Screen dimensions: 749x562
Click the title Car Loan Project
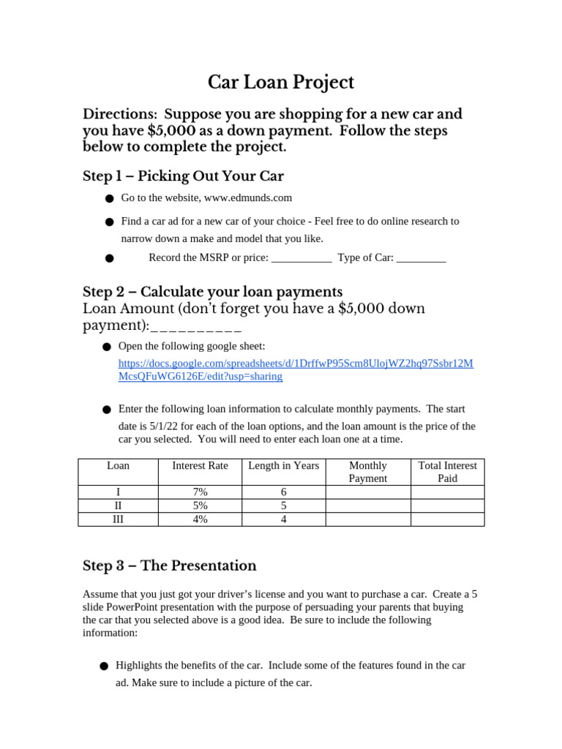281,83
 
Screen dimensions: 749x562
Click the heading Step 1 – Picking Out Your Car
183,176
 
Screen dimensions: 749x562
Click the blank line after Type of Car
421,258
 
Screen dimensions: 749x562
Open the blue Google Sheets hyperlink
296,370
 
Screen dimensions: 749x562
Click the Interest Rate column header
200,466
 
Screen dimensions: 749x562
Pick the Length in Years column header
283,466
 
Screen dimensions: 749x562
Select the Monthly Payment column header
368,472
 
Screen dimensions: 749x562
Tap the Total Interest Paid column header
447,472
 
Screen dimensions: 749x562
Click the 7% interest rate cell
200,492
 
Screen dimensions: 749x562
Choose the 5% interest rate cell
200,505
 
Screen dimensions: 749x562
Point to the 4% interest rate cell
200,519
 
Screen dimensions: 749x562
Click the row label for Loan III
118,519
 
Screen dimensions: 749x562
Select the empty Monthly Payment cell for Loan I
368,492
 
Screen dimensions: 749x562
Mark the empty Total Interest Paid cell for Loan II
447,505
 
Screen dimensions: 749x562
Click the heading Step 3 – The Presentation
170,566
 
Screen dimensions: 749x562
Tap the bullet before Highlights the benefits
103,666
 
